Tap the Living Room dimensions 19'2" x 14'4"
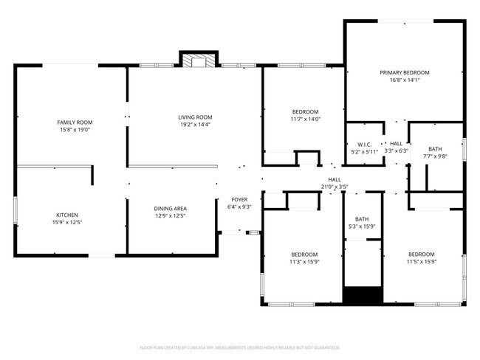pos(195,125)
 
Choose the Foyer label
pos(239,199)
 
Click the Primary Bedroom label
pos(404,73)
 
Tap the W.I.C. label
pos(363,144)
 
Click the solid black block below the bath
pos(362,295)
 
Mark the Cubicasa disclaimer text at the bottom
pos(239,347)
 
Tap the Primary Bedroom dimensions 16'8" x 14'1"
pos(404,80)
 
